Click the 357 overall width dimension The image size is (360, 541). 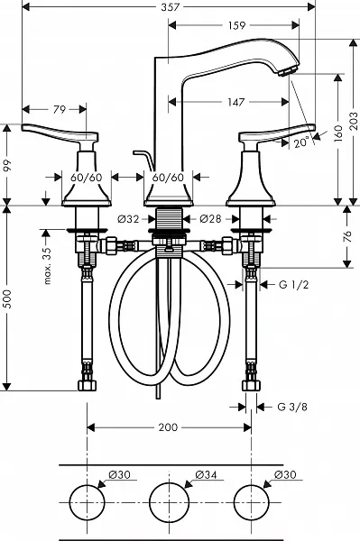(171, 7)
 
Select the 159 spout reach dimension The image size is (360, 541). (236, 25)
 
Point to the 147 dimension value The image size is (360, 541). (236, 102)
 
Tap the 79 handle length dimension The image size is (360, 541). (60, 110)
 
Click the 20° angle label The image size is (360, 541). (301, 142)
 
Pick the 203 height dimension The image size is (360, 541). (354, 121)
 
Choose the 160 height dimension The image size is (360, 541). (338, 133)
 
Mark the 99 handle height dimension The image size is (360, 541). (7, 165)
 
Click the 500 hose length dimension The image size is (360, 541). (7, 298)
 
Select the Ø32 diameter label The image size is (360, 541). (128, 219)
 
